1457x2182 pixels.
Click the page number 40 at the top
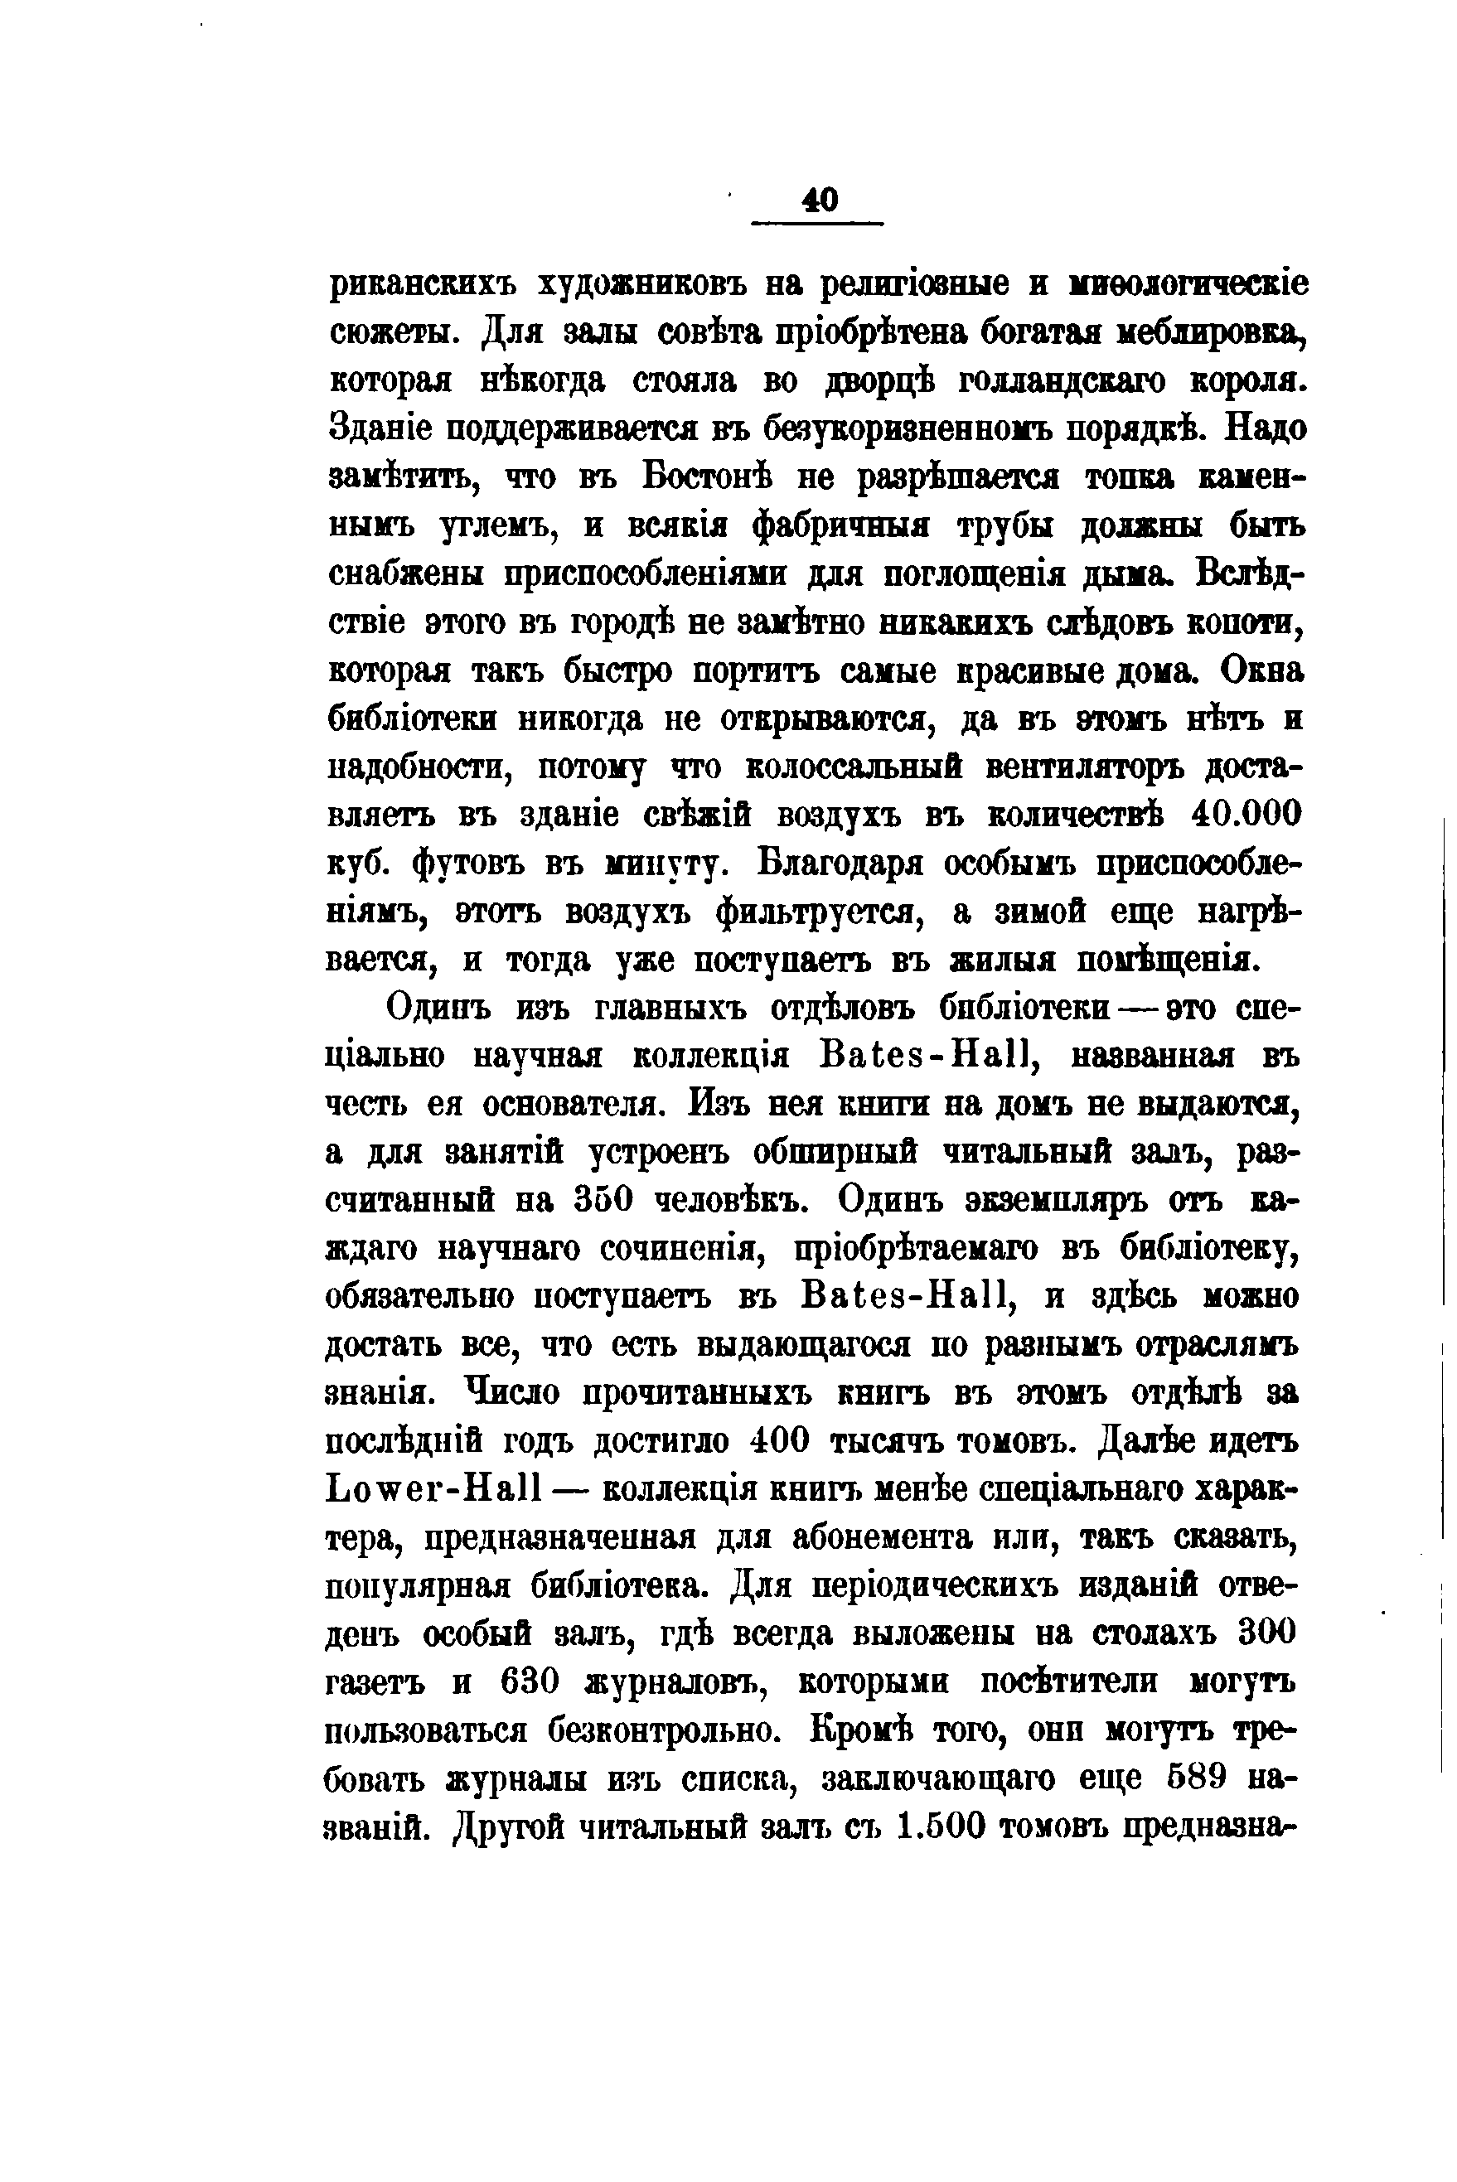pyautogui.click(x=819, y=200)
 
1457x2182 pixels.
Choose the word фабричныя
pyautogui.click(x=843, y=525)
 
